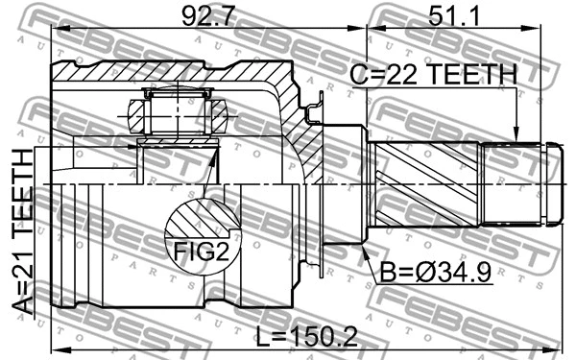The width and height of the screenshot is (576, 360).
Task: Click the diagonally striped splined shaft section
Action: tap(427, 185)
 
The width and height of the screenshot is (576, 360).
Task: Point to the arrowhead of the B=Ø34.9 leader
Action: tap(366, 249)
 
